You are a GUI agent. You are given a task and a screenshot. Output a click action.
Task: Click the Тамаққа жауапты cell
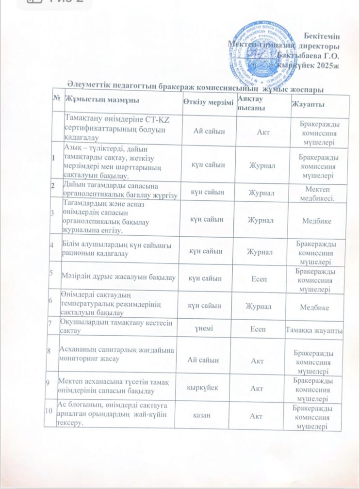(x=316, y=330)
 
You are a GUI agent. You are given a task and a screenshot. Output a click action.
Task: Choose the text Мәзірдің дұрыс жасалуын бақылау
(x=118, y=277)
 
